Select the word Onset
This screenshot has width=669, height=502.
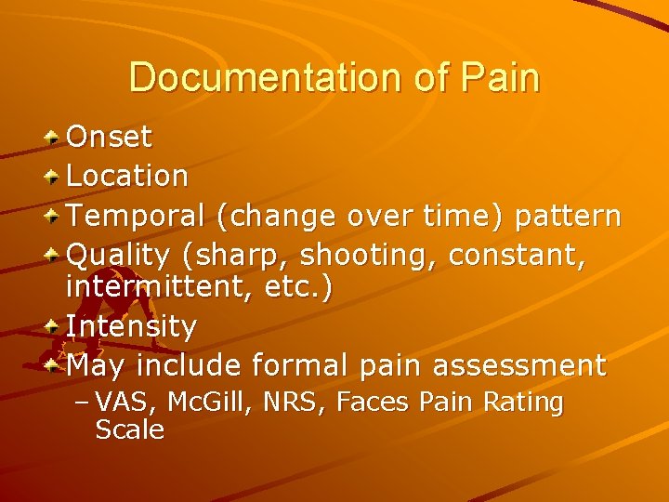pyautogui.click(x=110, y=138)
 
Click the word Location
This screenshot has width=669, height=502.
pyautogui.click(x=127, y=175)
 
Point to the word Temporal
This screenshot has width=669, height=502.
pyautogui.click(x=137, y=216)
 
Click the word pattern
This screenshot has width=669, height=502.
pyautogui.click(x=568, y=217)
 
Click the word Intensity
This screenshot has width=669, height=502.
pyautogui.click(x=131, y=326)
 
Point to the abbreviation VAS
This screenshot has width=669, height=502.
pyautogui.click(x=119, y=403)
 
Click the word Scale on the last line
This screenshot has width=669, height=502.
pyautogui.click(x=130, y=429)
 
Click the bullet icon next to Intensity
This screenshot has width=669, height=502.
pyautogui.click(x=54, y=326)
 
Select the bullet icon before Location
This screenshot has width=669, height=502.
pyautogui.click(x=54, y=175)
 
